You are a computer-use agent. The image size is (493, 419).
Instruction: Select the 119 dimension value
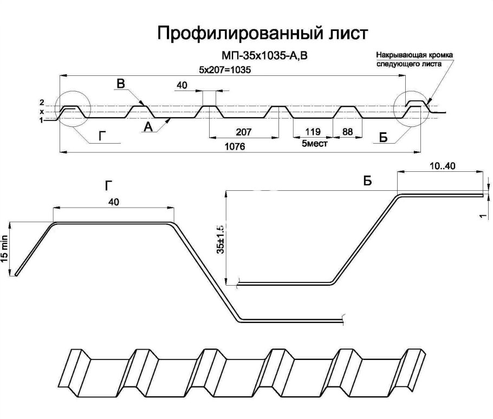pyautogui.click(x=313, y=132)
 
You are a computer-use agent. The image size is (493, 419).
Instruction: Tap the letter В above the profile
pyautogui.click(x=121, y=83)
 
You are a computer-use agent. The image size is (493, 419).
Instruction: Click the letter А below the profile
pyautogui.click(x=147, y=126)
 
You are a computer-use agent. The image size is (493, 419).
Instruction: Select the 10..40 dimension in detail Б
pyautogui.click(x=441, y=166)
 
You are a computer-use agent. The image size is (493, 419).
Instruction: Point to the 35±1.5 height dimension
pyautogui.click(x=220, y=237)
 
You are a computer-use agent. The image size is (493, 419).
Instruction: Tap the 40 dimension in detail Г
pyautogui.click(x=114, y=201)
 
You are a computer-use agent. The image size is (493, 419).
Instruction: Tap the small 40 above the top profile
pyautogui.click(x=182, y=85)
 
